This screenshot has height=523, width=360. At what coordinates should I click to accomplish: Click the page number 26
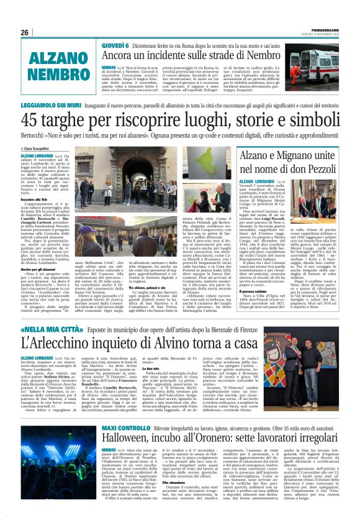click(x=24, y=32)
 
